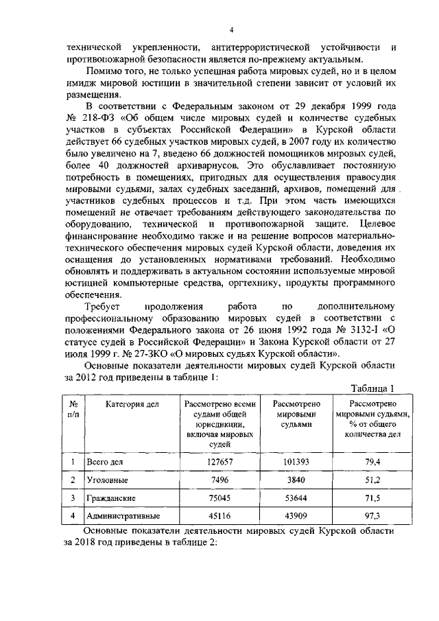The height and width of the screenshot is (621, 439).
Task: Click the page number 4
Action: pyautogui.click(x=231, y=30)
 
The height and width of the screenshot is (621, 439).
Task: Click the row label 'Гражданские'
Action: pyautogui.click(x=110, y=497)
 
